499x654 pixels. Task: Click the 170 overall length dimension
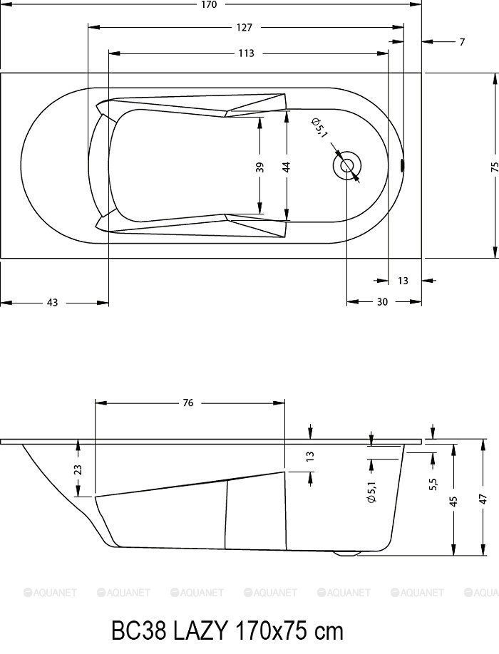[209, 4]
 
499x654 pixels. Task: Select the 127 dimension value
[244, 28]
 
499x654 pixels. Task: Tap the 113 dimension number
[246, 53]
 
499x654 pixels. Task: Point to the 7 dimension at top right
[462, 42]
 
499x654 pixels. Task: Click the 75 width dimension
[495, 167]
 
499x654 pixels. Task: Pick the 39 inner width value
[259, 167]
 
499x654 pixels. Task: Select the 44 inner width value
[287, 167]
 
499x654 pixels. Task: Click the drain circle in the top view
[346, 165]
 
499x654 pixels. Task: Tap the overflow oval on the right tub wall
[402, 165]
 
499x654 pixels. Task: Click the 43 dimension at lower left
[52, 302]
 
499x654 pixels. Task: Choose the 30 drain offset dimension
[382, 301]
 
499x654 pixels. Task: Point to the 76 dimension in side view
[188, 403]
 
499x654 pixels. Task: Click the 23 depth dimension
[78, 470]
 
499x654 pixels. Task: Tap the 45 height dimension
[453, 499]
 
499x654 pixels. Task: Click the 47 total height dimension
[483, 499]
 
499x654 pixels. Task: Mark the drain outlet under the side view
[346, 554]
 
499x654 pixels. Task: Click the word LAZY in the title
[200, 631]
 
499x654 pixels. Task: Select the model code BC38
[139, 631]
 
